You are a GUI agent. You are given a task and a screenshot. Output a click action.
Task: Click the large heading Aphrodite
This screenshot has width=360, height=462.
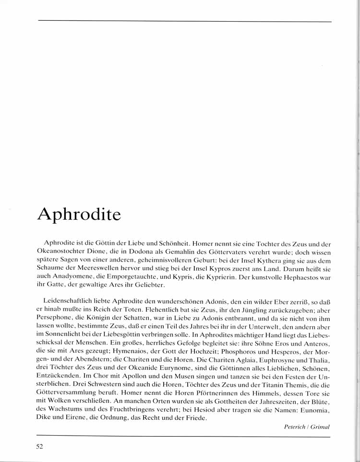click(79, 214)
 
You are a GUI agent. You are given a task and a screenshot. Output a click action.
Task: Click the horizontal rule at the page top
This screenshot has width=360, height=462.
click(184, 21)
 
